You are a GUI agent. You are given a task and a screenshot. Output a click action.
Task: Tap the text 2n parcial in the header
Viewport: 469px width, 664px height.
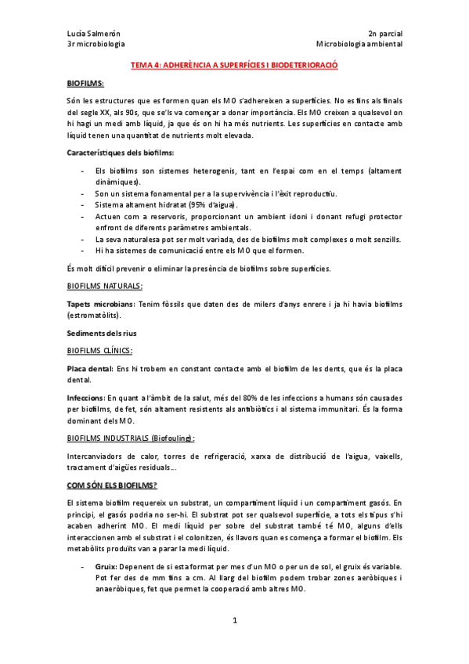(384, 34)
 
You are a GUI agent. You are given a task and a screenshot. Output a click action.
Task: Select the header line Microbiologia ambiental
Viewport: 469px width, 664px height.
(359, 45)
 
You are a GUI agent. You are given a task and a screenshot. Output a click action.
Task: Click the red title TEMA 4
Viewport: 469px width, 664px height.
(233, 67)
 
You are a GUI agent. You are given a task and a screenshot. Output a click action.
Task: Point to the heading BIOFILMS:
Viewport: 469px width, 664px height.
(85, 83)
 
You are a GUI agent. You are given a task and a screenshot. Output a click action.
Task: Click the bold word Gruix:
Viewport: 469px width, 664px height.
(107, 566)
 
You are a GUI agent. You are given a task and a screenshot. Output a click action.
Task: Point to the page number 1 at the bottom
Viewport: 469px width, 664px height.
(234, 621)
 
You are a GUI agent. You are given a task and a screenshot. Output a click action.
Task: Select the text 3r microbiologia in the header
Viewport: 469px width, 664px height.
(96, 45)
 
